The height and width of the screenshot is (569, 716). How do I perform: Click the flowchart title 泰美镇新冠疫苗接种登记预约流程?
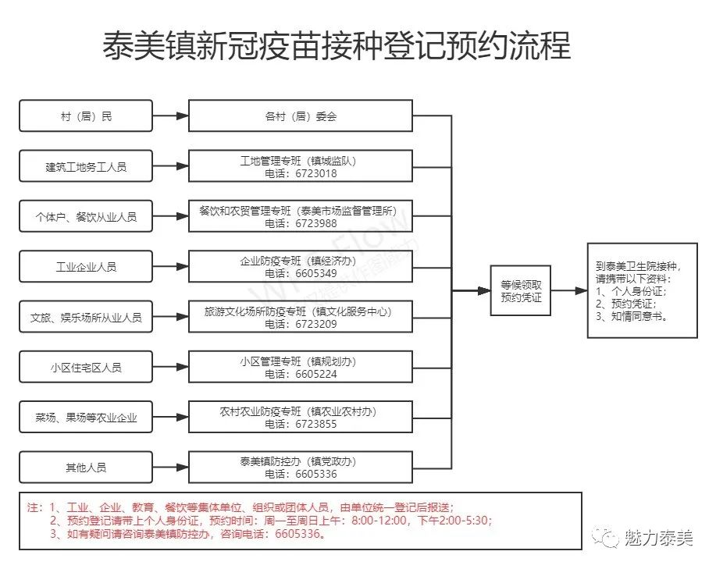pyautogui.click(x=337, y=47)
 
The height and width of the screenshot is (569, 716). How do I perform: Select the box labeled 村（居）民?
pyautogui.click(x=86, y=116)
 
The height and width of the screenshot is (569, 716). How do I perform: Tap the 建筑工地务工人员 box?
pyautogui.click(x=86, y=166)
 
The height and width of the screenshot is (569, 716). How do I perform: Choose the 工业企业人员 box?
pyautogui.click(x=86, y=267)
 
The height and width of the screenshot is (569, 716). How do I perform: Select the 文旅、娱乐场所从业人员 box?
pyautogui.click(x=86, y=318)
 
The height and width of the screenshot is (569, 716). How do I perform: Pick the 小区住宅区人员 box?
pyautogui.click(x=86, y=367)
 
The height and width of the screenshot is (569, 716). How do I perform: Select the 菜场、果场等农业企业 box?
pyautogui.click(x=86, y=418)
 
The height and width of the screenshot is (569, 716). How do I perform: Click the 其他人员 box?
pyautogui.click(x=86, y=468)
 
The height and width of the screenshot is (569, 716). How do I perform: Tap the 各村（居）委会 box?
pyautogui.click(x=301, y=116)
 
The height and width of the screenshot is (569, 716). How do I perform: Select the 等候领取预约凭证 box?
pyautogui.click(x=521, y=291)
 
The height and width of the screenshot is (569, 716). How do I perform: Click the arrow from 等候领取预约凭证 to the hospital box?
pyautogui.click(x=569, y=291)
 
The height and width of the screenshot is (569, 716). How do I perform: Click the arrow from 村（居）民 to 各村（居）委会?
pyautogui.click(x=171, y=116)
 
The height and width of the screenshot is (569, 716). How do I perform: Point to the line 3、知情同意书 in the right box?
pyautogui.click(x=635, y=316)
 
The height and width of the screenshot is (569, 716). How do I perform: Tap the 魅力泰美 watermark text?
pyautogui.click(x=658, y=538)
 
